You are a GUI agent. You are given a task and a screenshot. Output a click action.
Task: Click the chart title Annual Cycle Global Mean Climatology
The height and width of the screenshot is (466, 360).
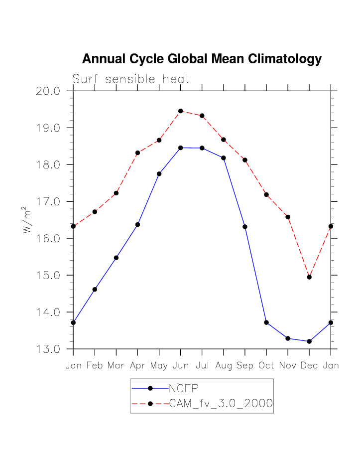202,59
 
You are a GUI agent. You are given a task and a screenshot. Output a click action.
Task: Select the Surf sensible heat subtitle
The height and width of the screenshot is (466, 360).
131,79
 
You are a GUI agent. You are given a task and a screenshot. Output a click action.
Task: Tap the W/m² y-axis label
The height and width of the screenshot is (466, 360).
27,220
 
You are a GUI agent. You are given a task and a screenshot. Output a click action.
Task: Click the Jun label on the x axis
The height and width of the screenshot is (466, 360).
181,366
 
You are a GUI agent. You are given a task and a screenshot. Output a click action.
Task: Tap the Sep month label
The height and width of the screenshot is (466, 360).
245,366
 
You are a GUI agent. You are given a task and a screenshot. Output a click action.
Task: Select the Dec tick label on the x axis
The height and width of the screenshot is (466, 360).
309,366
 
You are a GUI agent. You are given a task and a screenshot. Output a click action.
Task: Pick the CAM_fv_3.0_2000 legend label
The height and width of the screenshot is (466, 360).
221,404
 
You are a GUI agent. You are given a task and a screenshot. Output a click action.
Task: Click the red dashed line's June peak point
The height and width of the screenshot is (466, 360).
181,111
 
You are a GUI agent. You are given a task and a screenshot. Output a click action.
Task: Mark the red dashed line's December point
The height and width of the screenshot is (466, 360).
309,277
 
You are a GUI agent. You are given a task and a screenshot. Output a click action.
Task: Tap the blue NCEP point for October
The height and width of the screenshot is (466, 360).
266,322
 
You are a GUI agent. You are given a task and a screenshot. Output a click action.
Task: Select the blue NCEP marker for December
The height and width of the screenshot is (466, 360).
309,341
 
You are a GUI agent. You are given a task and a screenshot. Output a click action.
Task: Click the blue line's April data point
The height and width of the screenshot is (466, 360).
137,225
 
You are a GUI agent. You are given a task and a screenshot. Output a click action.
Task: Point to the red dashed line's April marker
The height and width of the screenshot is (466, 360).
137,153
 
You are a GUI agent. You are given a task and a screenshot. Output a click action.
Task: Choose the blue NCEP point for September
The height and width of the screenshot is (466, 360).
245,227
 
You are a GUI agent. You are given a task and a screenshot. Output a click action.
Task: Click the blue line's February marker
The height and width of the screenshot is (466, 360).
95,289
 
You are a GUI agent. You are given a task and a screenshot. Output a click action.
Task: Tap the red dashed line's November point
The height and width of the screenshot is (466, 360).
288,217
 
